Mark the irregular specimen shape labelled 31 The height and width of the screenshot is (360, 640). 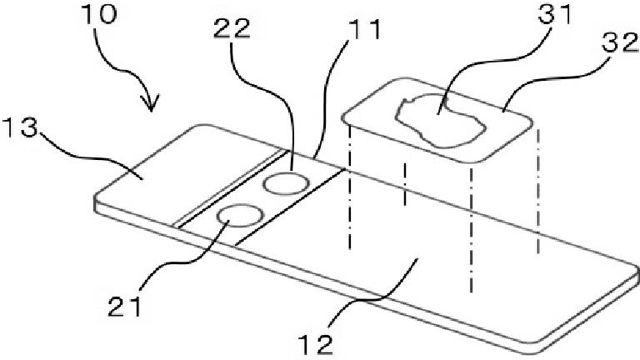(x=437, y=122)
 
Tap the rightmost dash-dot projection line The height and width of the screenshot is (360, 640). (x=538, y=192)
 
